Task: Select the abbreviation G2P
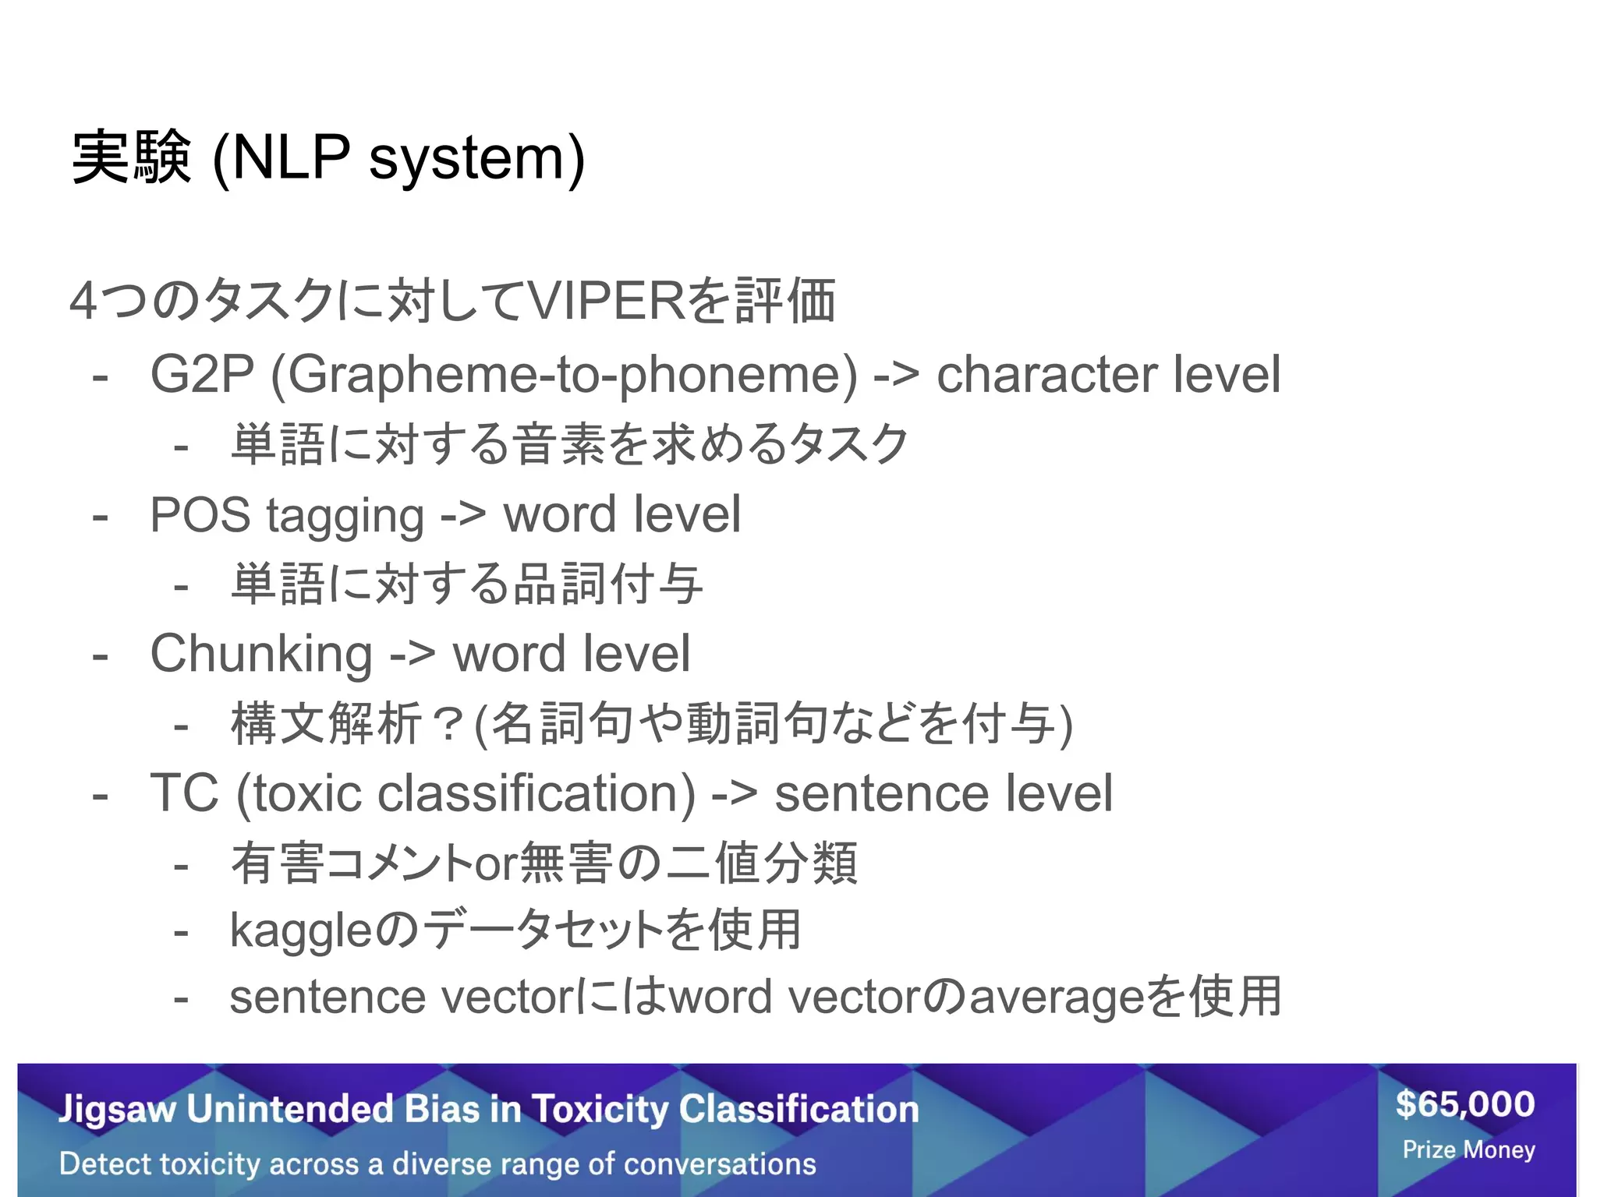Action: click(x=202, y=375)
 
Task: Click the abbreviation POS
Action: click(x=200, y=515)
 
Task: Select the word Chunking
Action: click(x=260, y=655)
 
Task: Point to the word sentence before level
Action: click(x=881, y=794)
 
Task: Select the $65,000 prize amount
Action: click(x=1465, y=1104)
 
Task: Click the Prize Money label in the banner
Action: click(x=1468, y=1149)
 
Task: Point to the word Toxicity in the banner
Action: click(x=600, y=1109)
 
